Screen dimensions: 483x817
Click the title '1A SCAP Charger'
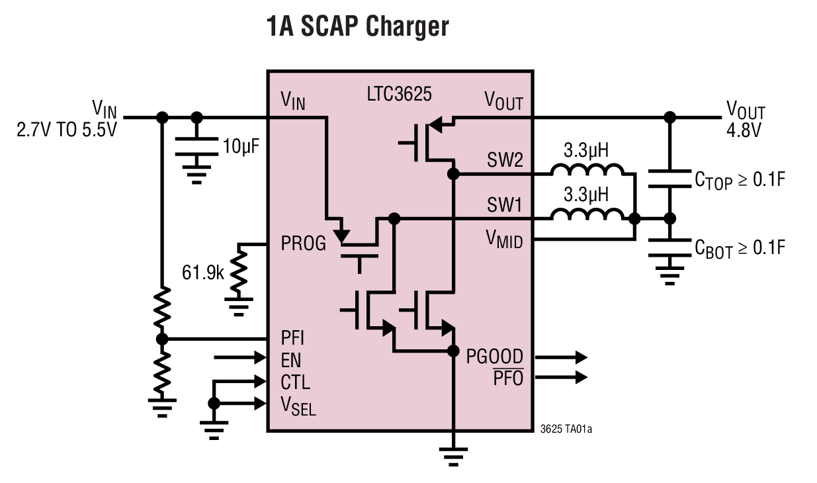357,27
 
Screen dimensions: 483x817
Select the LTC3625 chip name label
399,94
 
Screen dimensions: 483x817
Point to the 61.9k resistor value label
203,272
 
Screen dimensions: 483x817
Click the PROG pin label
304,244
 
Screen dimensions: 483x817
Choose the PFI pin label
292,339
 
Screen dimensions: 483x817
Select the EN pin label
291,361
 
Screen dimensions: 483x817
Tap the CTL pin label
295,382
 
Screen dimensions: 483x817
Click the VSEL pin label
298,405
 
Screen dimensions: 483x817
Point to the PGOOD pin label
494,357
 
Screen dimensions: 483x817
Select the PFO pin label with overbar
508,379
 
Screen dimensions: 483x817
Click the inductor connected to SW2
587,171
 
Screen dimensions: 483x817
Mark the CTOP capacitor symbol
669,179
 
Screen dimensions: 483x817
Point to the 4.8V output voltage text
744,128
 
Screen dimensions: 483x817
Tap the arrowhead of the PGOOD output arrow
581,357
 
